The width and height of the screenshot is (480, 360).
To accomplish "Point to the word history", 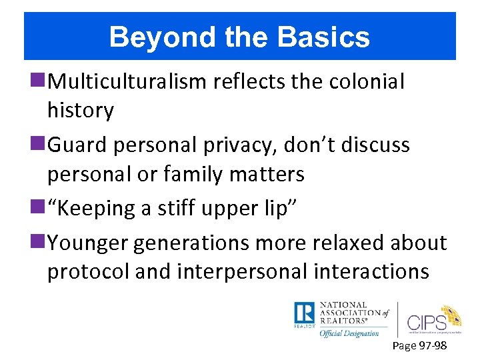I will tap(80, 111).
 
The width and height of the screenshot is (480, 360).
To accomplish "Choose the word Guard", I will tap(78, 145).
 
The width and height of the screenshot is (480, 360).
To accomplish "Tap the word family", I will tap(184, 174).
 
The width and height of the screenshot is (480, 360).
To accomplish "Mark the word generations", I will tap(193, 243).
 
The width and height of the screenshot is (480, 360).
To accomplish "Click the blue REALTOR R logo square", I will tap(304, 313).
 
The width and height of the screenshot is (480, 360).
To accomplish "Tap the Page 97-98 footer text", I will tap(419, 346).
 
